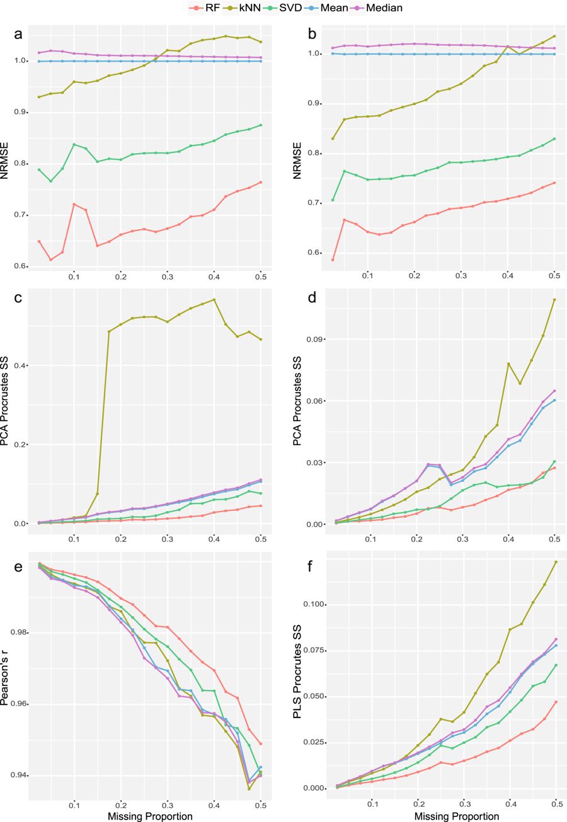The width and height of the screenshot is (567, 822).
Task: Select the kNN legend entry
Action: pyautogui.click(x=247, y=8)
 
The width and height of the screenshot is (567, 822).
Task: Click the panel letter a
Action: pyautogui.click(x=18, y=34)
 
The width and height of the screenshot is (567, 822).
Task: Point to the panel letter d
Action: pyautogui.click(x=312, y=298)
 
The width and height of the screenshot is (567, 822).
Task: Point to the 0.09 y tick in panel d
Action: pyautogui.click(x=315, y=339)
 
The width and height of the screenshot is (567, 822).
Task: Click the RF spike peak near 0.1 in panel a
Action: pyautogui.click(x=74, y=204)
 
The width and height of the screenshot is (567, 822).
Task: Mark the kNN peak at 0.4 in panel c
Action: pyautogui.click(x=214, y=300)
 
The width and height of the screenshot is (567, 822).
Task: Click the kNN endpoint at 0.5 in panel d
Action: pyautogui.click(x=554, y=300)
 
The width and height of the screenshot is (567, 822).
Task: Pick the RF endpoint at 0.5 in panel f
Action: pyautogui.click(x=556, y=702)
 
